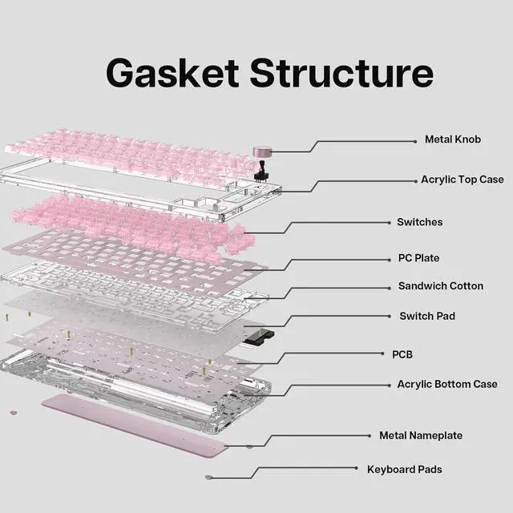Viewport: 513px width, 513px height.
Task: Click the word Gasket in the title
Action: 173,73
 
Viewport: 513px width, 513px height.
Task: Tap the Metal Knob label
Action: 453,139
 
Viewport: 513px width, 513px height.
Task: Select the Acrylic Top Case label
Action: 463,180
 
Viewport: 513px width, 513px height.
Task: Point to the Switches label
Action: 420,222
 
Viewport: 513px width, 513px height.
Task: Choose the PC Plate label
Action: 418,258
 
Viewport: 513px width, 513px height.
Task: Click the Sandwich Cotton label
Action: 441,286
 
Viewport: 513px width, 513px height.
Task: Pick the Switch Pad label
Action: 427,316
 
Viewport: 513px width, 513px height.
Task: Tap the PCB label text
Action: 402,354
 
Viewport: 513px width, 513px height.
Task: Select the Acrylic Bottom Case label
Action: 447,384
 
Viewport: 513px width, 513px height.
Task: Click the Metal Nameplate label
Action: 421,435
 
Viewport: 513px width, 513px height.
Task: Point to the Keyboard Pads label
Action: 404,470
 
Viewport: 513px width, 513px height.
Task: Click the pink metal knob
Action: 262,151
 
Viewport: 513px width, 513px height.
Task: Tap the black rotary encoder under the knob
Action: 262,170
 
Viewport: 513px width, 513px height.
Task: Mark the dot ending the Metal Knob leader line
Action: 415,142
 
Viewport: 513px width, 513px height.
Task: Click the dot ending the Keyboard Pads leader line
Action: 356,468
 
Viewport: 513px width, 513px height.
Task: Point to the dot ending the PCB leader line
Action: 382,353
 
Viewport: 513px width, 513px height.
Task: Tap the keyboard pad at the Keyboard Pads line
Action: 208,478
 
